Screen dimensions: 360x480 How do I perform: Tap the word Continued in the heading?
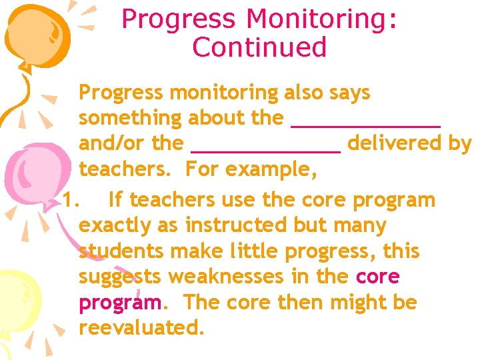tap(259, 47)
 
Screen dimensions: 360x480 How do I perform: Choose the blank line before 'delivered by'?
tap(265, 149)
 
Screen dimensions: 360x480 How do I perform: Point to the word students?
tap(121, 251)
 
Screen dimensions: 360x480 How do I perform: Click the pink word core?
tap(378, 277)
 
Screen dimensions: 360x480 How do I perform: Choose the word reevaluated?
tap(141, 327)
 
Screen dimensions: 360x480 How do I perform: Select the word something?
tap(131, 119)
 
